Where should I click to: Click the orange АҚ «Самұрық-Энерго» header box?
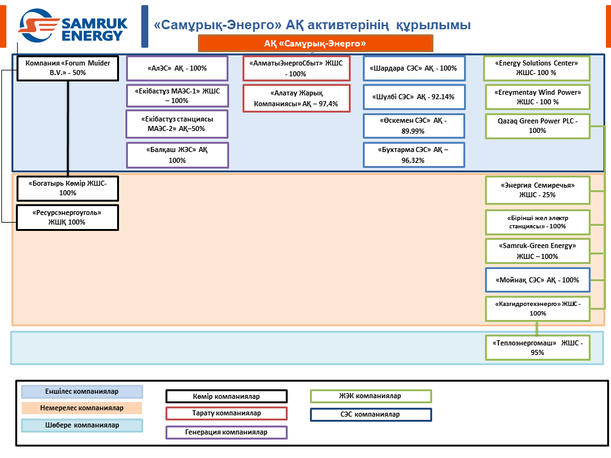(316, 43)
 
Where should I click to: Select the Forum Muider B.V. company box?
(67, 68)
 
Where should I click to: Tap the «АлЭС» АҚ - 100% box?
(178, 68)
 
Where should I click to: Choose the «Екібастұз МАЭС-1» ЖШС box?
(178, 96)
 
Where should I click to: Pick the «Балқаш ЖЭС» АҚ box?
(178, 155)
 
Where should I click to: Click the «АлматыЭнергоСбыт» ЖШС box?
(297, 68)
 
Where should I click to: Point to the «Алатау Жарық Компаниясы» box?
(297, 98)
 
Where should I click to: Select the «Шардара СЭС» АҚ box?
(414, 68)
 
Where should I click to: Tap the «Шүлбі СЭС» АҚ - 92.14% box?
(414, 97)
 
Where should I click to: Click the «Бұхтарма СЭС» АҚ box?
(414, 155)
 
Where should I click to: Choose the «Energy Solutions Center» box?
(538, 68)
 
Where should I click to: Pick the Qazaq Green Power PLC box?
(538, 125)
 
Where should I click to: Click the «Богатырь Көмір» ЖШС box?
(67, 188)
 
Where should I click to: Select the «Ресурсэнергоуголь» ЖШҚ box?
(67, 217)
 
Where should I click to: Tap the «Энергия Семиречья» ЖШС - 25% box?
(538, 190)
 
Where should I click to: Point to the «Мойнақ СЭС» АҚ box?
(538, 280)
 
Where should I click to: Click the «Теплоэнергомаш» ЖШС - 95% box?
(538, 347)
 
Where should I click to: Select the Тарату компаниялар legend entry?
(227, 413)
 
